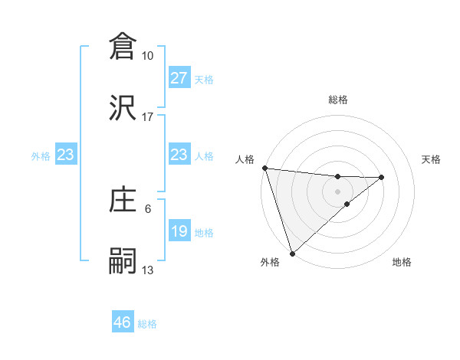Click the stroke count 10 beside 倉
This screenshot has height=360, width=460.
click(148, 56)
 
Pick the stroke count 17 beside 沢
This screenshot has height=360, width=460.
click(148, 117)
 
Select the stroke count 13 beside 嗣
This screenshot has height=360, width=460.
click(148, 270)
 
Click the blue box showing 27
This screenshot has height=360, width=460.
click(179, 78)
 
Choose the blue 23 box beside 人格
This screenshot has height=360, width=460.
click(179, 155)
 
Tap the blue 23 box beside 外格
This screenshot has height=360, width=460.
click(66, 155)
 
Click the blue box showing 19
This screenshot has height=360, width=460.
click(179, 231)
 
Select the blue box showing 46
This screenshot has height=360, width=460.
click(123, 322)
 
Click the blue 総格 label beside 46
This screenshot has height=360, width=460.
click(148, 324)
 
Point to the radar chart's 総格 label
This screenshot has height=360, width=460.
click(338, 100)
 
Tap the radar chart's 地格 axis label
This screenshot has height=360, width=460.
click(402, 263)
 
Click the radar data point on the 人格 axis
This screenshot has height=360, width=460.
click(264, 168)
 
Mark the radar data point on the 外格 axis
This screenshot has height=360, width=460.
click(292, 253)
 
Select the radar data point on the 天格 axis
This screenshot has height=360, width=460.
click(382, 177)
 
